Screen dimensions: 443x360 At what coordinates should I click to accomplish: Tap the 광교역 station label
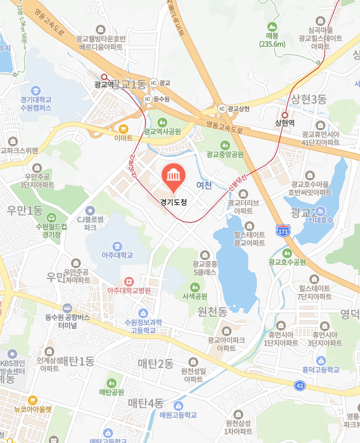coord(104,85)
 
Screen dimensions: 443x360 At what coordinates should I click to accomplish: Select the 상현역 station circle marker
coord(285,114)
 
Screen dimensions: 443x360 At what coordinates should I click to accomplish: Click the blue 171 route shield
coord(283,230)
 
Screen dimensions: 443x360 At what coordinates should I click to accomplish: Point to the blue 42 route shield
coord(299,385)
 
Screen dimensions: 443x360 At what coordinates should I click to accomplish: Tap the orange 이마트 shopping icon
coord(123,129)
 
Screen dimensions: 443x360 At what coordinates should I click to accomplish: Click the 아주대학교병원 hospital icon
coord(128,281)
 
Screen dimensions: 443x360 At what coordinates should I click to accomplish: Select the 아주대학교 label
coord(118,254)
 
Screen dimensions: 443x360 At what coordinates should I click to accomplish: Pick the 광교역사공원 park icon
coord(162,122)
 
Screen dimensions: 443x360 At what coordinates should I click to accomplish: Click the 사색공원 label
coord(195,296)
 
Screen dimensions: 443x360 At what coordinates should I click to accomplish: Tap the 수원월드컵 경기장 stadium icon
coord(52,217)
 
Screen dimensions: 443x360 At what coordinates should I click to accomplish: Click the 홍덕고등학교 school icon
coord(320,360)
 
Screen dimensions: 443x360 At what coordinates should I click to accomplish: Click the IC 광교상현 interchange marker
coord(222,109)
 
